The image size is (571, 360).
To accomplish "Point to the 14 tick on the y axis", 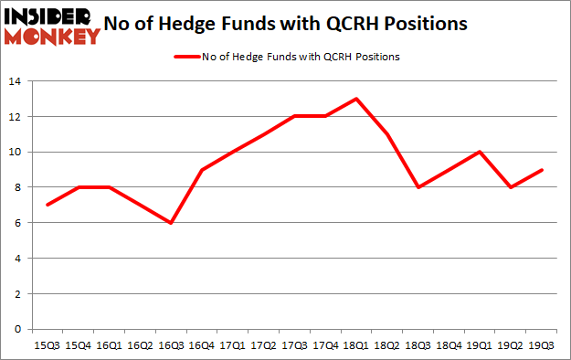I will (18, 82).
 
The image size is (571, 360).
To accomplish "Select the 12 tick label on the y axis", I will (18, 117).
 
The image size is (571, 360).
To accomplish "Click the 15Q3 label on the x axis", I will (47, 345).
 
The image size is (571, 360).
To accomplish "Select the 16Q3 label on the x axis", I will (170, 345).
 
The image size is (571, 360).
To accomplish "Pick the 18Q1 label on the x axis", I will (355, 345).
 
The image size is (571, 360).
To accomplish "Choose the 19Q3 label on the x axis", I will (541, 345).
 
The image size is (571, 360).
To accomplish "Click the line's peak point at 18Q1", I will (355, 99).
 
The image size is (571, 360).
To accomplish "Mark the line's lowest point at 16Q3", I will (170, 223).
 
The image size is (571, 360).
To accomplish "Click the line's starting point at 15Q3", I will (47, 205).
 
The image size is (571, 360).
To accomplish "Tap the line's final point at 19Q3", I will (541, 170).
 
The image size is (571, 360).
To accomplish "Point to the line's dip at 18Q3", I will (418, 187).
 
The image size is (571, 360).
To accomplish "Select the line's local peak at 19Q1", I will (480, 152).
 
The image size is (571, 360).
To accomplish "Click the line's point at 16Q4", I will (201, 170).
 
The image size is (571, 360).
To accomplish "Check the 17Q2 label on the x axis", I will (263, 345).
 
